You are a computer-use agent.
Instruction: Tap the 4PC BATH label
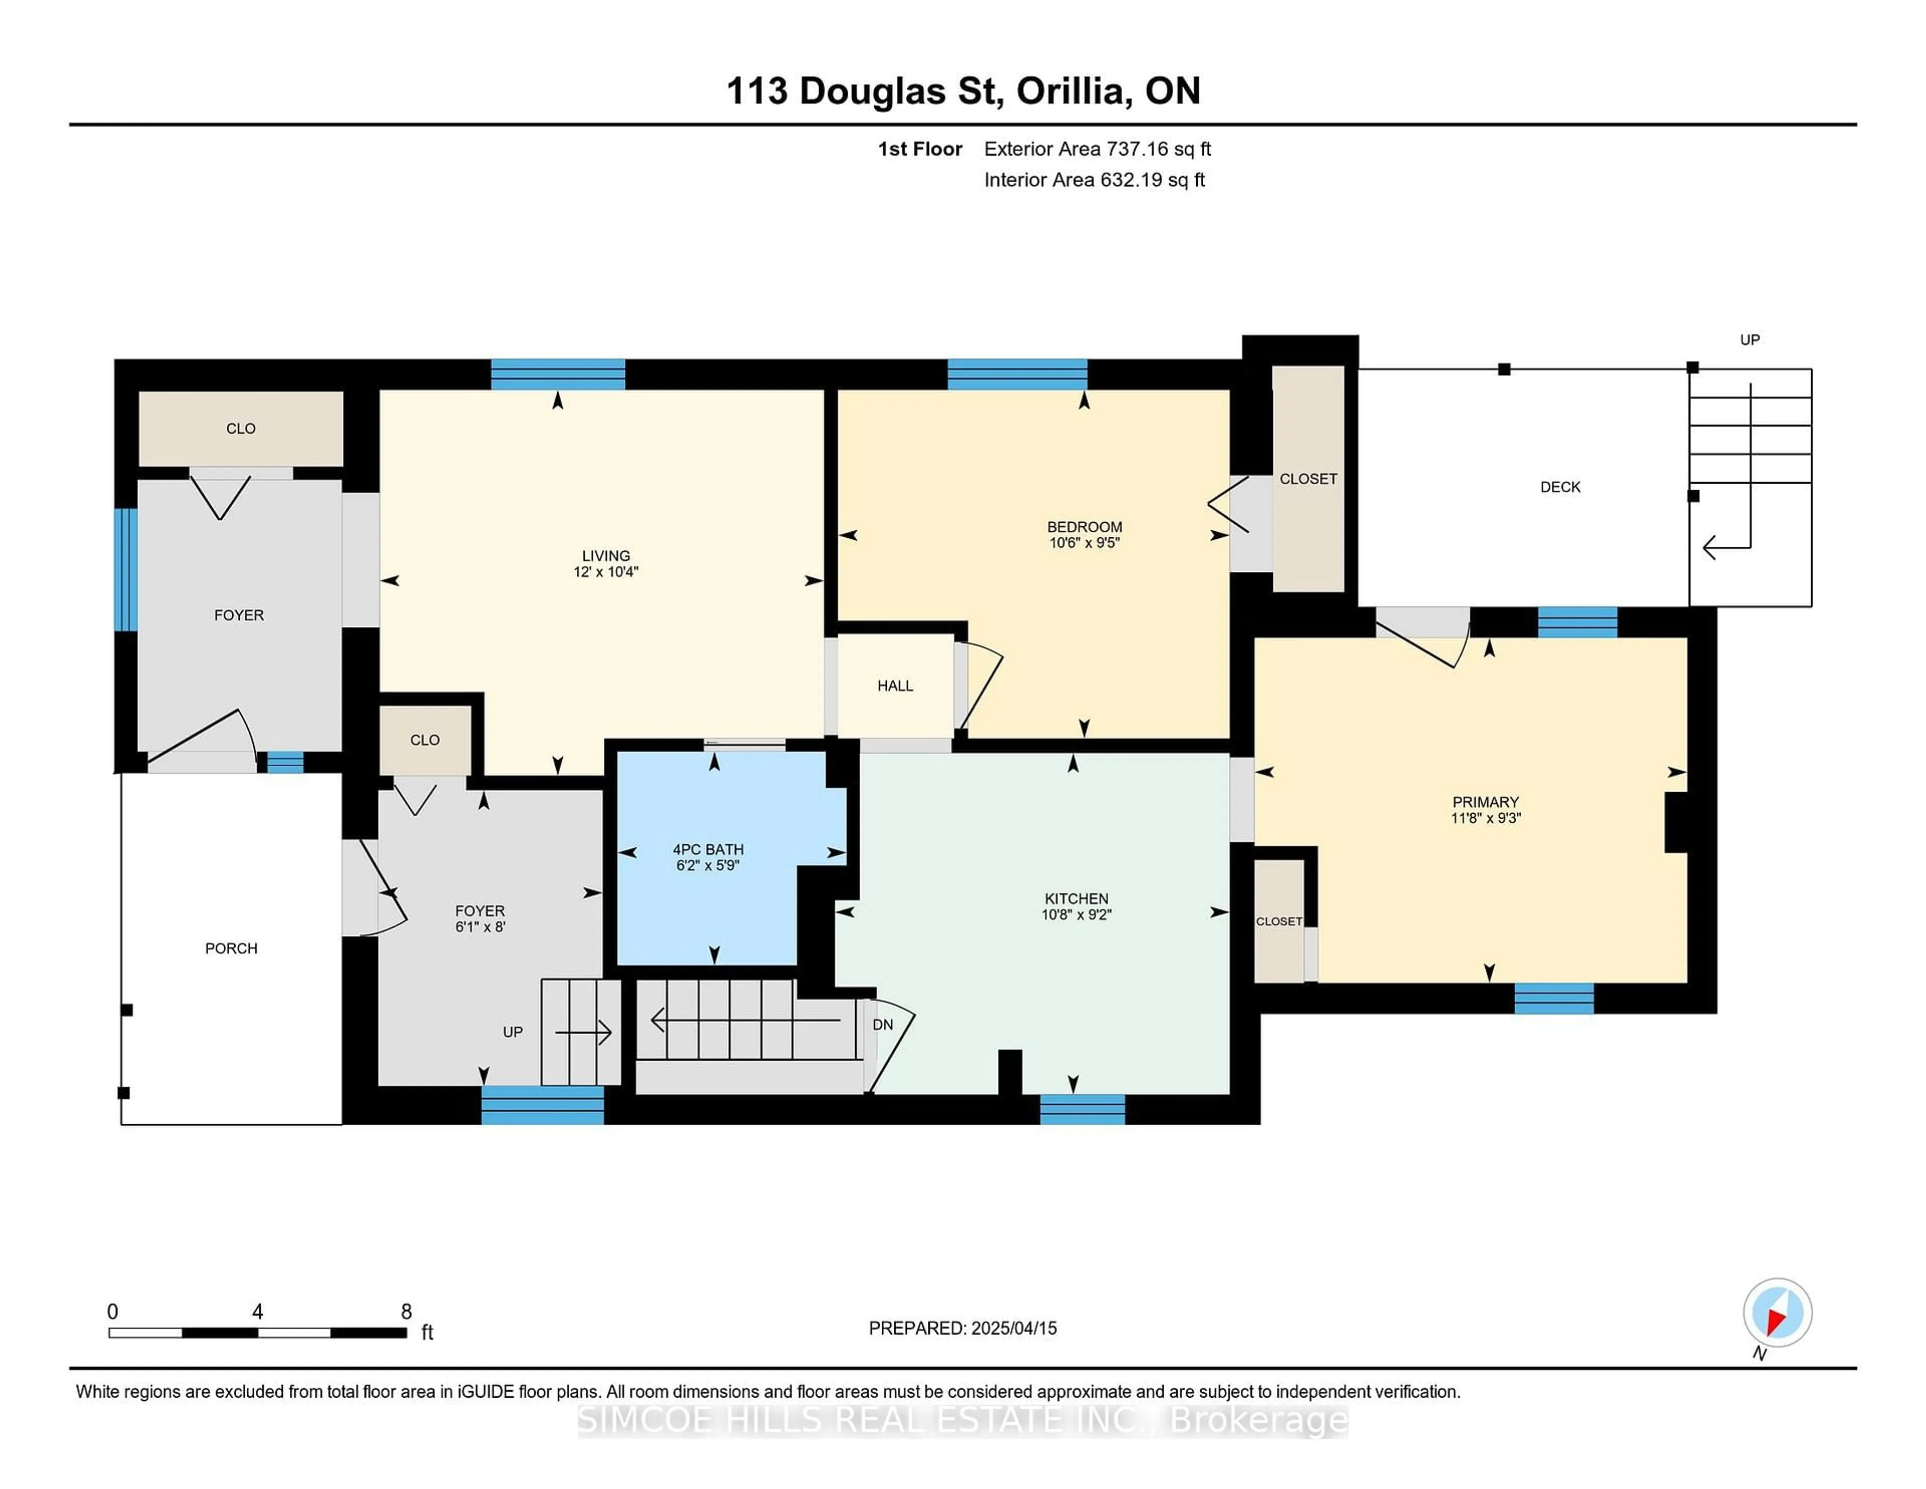coord(708,849)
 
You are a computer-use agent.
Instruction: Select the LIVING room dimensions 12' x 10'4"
coord(606,571)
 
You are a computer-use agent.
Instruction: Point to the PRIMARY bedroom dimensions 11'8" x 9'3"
coord(1486,818)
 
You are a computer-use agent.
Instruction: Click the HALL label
coord(895,685)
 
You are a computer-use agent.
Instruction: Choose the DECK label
coord(1560,487)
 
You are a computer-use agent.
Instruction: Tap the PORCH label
coord(231,948)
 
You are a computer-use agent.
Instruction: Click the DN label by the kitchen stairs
coord(883,1024)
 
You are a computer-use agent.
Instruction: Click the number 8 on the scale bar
coord(407,1312)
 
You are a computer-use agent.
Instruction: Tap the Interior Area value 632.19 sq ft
coord(1153,180)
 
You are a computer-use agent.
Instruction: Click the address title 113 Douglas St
coord(864,91)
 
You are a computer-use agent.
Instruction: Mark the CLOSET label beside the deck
coord(1309,479)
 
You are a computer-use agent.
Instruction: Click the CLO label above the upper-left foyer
coord(241,429)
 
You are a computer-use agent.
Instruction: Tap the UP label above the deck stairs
coord(1749,340)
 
